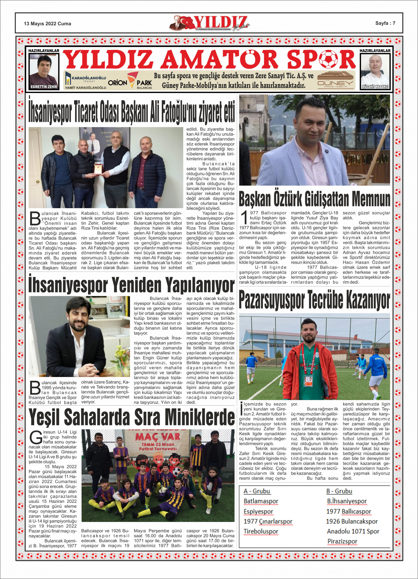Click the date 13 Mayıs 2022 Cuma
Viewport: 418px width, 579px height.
[48, 24]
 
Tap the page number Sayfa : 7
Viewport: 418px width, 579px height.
[385, 23]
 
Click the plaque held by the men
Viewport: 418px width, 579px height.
[97, 169]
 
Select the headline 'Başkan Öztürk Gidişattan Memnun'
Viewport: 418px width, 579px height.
[314, 199]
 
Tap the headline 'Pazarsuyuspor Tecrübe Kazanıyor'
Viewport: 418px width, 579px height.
[314, 300]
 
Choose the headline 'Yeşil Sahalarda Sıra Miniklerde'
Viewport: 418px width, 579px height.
[132, 417]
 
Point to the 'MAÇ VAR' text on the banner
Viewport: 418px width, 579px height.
[158, 437]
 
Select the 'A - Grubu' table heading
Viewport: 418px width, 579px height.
[257, 491]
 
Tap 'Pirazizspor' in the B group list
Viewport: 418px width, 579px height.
[342, 541]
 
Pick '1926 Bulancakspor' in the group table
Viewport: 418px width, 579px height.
[352, 521]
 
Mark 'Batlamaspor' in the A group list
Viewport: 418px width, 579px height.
[261, 501]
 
